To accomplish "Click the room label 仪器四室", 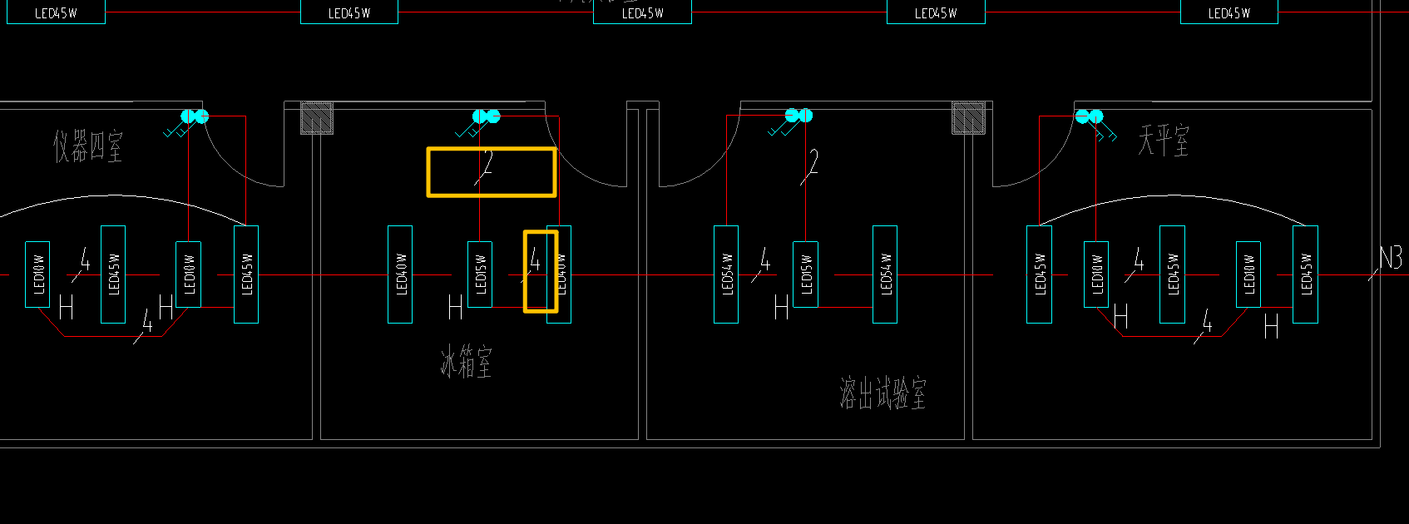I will (88, 146).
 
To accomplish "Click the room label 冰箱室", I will (466, 363).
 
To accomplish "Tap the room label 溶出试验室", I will (882, 393).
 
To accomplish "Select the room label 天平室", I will (1163, 140).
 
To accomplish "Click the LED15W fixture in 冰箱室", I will (480, 274).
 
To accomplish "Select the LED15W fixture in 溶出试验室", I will (805, 274).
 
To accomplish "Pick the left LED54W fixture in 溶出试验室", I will (726, 274).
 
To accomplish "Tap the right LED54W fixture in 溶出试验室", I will (885, 274).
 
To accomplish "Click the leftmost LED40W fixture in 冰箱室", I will (400, 274).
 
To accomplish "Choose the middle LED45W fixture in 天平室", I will (1172, 274).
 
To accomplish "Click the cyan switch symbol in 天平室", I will (1089, 116).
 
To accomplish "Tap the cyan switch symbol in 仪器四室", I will (195, 116).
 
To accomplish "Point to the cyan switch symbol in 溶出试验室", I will (798, 116).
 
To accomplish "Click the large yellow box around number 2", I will (492, 172).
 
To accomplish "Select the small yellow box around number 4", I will (540, 272).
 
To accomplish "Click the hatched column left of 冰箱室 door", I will (317, 118).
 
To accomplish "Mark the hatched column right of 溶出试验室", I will (969, 118).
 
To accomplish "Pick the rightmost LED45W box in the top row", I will (1229, 12).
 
